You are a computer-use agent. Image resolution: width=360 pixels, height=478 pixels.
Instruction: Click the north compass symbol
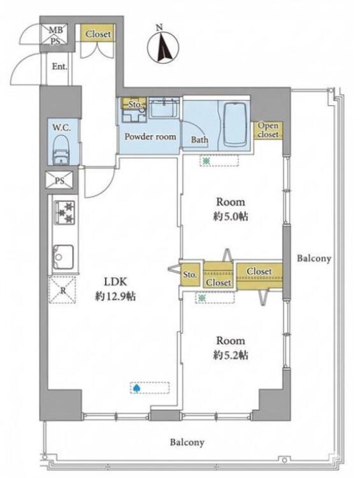[163, 48]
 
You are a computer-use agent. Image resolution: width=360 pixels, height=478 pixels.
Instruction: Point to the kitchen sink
[63, 257]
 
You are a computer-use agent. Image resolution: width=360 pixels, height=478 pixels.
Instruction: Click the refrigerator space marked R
[62, 289]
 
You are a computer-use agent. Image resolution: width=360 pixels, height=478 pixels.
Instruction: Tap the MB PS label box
[56, 35]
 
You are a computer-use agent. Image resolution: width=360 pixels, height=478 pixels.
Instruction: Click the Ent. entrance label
[59, 66]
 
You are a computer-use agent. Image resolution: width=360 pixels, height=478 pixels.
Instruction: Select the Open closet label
[268, 130]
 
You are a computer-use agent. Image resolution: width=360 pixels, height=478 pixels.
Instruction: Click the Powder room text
[150, 136]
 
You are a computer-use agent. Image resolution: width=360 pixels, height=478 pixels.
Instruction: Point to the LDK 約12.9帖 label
[115, 289]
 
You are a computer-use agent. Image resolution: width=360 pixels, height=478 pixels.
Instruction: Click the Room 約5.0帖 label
[231, 209]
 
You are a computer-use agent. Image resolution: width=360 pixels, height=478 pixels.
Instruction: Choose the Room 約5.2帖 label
[231, 348]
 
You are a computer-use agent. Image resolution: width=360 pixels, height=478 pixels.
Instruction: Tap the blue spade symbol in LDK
[136, 388]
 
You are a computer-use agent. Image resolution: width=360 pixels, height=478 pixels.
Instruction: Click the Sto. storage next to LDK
[190, 275]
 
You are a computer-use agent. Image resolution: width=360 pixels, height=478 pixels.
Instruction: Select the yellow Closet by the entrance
[97, 34]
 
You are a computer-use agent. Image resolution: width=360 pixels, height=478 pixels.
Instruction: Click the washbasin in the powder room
[163, 108]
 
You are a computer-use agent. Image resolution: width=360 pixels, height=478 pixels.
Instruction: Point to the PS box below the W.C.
[60, 180]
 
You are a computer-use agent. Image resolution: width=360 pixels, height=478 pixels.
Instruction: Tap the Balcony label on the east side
[314, 259]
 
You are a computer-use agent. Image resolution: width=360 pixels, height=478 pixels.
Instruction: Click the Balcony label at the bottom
[187, 442]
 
